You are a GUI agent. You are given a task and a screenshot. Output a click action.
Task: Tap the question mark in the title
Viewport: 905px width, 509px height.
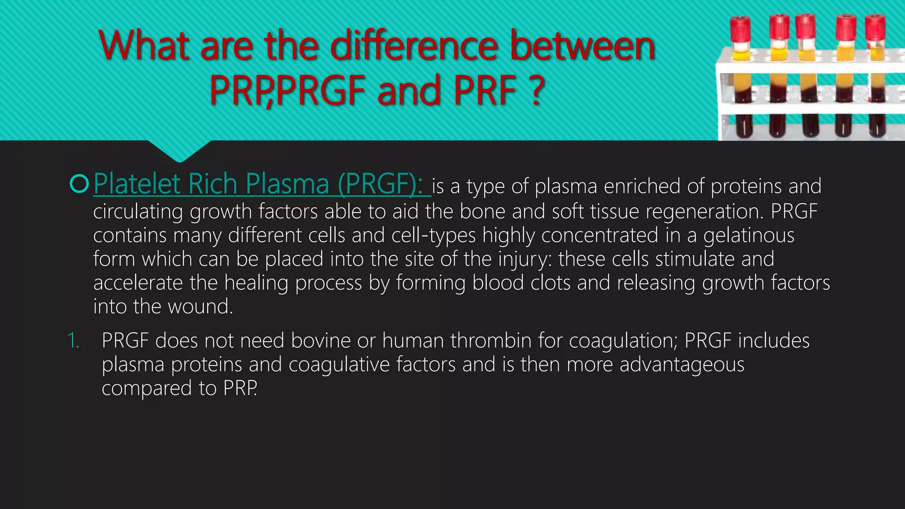coord(537,90)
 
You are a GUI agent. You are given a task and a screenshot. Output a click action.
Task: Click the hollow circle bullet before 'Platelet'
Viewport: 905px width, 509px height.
coord(80,184)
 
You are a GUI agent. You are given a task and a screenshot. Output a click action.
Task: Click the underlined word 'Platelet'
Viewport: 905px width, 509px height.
coord(137,184)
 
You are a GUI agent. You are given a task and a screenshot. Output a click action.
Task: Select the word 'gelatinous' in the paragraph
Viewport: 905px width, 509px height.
coord(749,235)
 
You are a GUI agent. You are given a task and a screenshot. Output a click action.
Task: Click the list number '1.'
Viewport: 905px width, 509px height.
coord(73,341)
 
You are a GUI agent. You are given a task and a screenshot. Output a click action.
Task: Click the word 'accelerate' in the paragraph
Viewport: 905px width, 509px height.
coord(138,283)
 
